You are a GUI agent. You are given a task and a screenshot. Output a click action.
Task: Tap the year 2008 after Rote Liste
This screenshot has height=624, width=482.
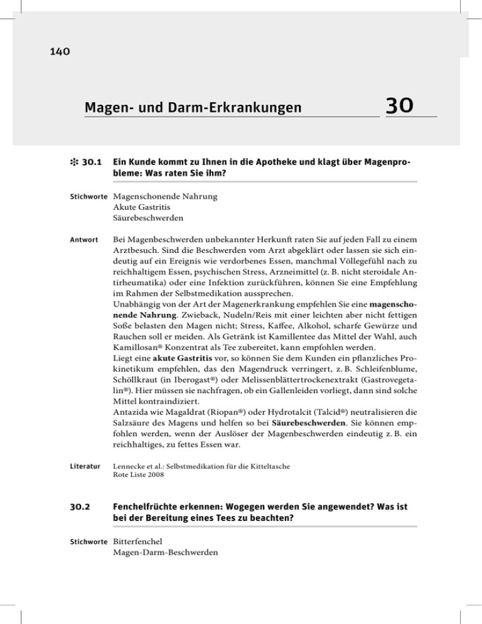[x=156, y=476]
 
